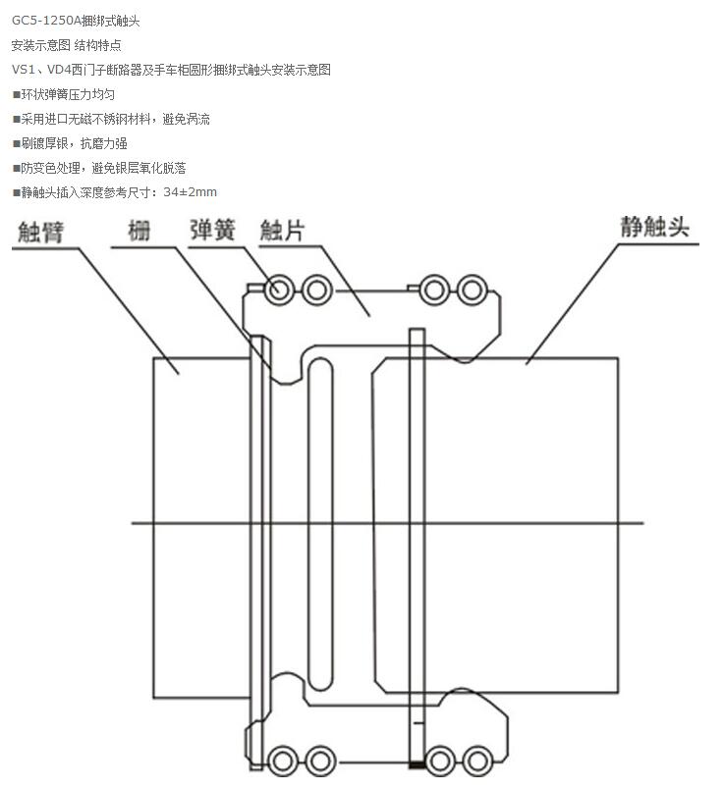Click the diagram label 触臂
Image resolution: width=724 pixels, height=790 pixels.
40,233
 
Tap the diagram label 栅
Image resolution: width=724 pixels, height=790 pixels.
139,232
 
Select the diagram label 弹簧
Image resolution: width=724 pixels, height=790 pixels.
212,230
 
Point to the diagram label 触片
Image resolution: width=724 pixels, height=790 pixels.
281,231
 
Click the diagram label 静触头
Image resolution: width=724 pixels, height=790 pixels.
654,228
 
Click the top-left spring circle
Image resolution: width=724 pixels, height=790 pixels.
279,290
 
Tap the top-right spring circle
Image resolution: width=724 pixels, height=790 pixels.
473,290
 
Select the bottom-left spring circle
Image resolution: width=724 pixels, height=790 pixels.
283,760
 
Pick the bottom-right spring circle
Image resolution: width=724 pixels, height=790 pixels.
477,760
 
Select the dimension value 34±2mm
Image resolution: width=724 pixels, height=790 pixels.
191,192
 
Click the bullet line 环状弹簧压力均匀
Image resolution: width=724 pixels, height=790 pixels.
67,94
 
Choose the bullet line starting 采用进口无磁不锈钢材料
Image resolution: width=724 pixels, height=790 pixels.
113,119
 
